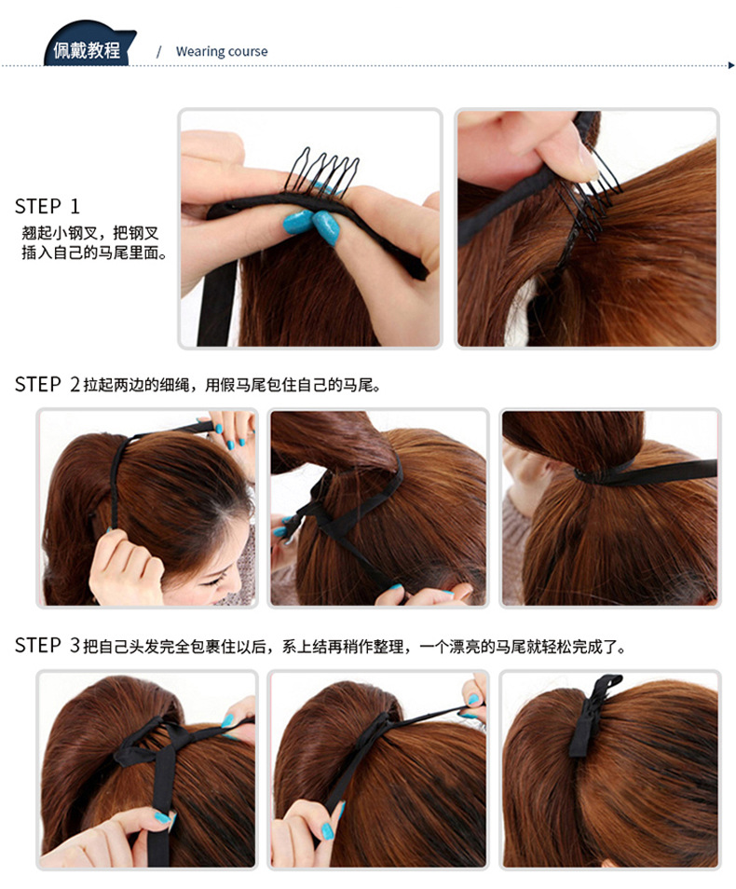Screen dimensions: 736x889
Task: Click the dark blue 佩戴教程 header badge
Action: point(89,46)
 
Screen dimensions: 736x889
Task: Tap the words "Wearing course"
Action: point(222,51)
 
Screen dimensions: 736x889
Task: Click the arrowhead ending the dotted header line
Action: point(731,65)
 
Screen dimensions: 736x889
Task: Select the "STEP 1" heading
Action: point(48,206)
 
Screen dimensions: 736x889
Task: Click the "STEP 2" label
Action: point(48,385)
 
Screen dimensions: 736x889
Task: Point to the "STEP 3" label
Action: point(48,645)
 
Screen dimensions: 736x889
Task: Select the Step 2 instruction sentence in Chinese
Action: point(233,386)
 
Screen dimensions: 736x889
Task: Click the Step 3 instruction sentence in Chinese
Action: point(354,647)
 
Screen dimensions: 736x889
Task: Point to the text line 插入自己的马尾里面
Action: point(95,253)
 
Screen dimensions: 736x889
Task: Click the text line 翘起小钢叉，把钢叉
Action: point(90,233)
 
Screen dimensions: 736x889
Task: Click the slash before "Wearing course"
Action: point(158,51)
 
